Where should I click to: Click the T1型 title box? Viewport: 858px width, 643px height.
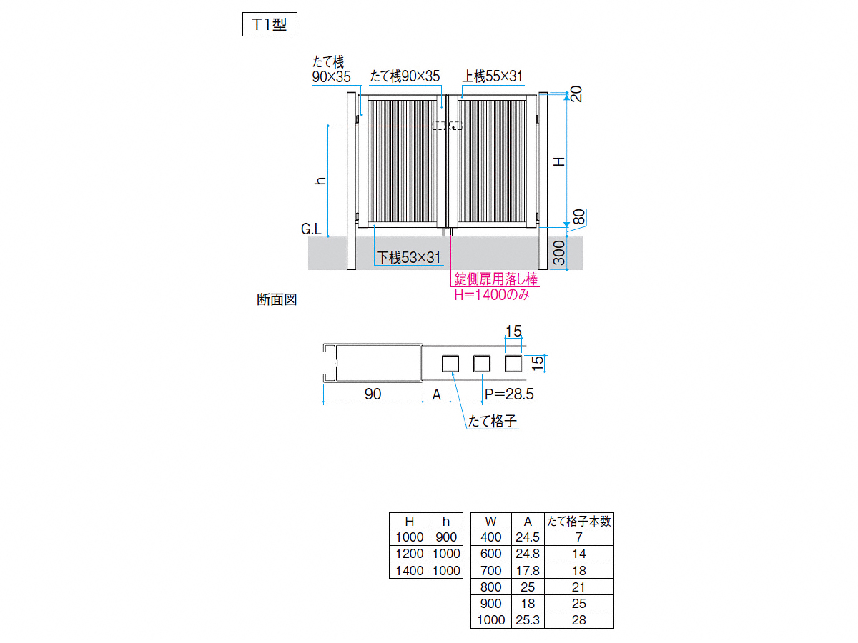[x=270, y=24]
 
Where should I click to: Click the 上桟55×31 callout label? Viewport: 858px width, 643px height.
[x=493, y=76]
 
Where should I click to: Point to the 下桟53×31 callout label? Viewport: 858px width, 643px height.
[x=408, y=258]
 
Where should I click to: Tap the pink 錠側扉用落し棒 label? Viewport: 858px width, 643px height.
[x=496, y=279]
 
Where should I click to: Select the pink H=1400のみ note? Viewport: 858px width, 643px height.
[x=492, y=294]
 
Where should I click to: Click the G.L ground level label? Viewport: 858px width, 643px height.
[x=311, y=229]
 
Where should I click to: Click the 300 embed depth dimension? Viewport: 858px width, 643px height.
[x=559, y=253]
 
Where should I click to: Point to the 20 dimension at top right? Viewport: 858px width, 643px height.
[x=576, y=94]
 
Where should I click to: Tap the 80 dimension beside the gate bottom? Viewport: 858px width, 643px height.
[x=579, y=217]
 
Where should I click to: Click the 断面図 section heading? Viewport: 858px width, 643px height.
[x=277, y=299]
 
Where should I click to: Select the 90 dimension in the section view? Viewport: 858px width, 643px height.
[x=373, y=394]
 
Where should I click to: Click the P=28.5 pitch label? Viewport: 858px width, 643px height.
[x=509, y=394]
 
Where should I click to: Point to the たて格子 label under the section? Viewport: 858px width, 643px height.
[x=493, y=421]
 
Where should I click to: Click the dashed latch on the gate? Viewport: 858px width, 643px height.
[x=447, y=126]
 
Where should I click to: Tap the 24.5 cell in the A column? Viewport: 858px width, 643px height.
[x=527, y=537]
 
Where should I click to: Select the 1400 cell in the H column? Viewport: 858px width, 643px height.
[x=409, y=570]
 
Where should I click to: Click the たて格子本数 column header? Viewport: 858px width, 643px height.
[x=579, y=521]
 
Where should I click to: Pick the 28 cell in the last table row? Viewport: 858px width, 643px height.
[x=579, y=619]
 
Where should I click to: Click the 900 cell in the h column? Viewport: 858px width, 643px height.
[x=446, y=537]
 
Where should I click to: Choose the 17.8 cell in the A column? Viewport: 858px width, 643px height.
[x=527, y=570]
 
